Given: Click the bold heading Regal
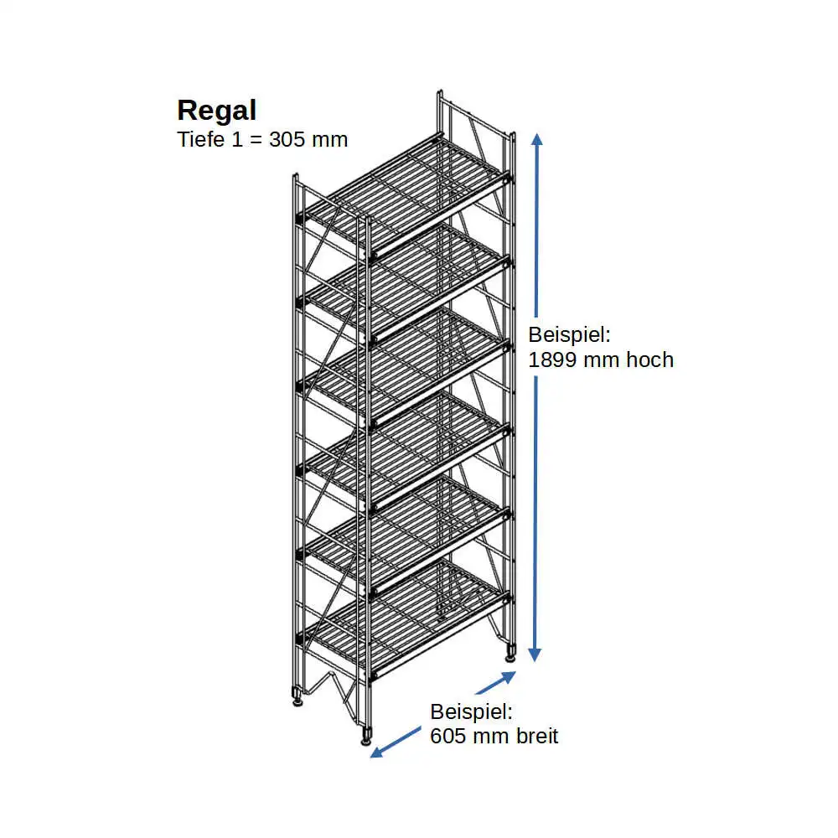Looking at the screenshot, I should [216, 111].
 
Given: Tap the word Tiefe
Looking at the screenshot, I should [200, 139].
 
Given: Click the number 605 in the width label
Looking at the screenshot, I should [449, 737].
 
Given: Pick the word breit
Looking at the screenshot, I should [534, 737].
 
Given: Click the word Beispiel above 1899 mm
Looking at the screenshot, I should [570, 335].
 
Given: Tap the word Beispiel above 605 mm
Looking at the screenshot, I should [471, 712].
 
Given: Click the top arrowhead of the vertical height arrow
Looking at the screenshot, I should [537, 139].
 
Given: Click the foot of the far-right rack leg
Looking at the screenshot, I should [510, 653].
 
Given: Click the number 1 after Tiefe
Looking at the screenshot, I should [242, 139].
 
